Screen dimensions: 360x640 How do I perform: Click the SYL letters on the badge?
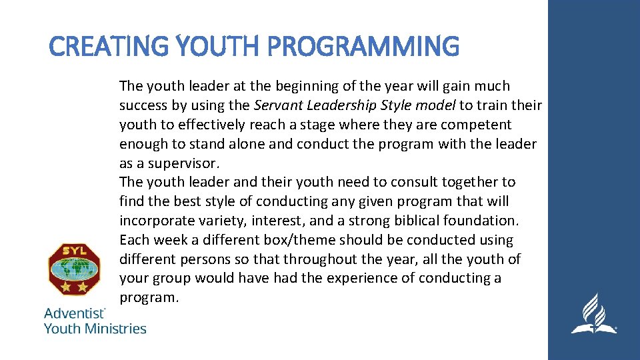point(74,251)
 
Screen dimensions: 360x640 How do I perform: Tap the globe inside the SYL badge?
point(74,269)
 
